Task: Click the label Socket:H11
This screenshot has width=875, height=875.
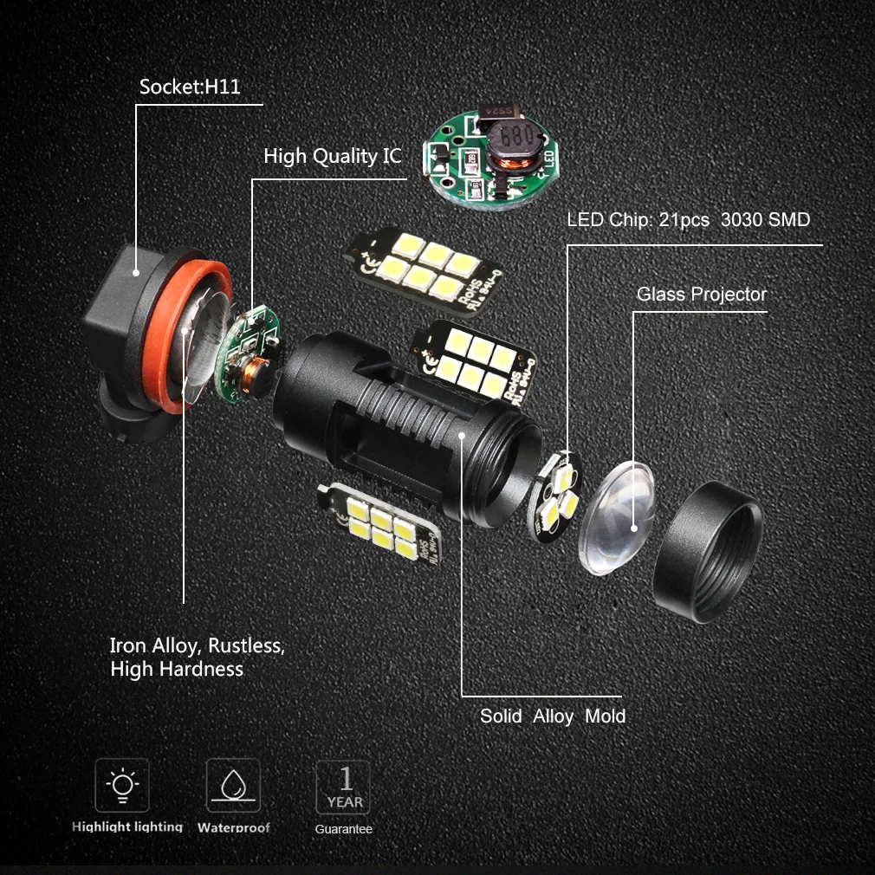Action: tap(189, 88)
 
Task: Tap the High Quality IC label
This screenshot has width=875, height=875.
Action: tap(333, 157)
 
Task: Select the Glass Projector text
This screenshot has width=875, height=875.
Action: tap(701, 295)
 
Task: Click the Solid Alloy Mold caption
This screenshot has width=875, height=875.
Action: tap(553, 716)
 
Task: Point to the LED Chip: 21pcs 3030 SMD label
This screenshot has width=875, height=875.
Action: tap(688, 220)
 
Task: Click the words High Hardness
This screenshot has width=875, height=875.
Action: tap(176, 670)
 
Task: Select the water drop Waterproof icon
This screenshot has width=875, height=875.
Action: tap(232, 786)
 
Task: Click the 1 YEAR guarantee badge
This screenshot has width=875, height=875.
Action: tap(343, 786)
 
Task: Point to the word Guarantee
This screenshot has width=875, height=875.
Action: tap(343, 829)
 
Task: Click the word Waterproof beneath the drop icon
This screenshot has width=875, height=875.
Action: tap(233, 827)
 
